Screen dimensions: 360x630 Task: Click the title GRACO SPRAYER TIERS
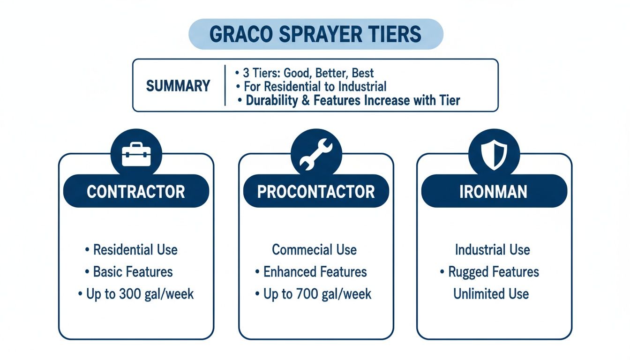[315, 34]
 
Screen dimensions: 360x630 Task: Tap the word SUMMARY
[178, 86]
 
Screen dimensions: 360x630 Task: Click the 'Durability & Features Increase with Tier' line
[349, 100]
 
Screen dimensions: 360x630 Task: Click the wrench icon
[316, 154]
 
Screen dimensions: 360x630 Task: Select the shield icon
[494, 154]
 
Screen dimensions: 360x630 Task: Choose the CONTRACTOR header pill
[136, 191]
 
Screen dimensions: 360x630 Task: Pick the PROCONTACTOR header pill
[316, 191]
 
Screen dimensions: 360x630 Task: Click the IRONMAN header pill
[494, 191]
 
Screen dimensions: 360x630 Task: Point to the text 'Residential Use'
[135, 249]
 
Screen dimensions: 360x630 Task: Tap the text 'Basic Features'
[133, 272]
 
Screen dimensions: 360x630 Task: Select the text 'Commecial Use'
[315, 249]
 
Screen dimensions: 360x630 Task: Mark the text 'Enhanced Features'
[315, 272]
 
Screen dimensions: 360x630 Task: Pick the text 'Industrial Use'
[492, 249]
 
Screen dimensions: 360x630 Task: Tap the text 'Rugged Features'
[494, 272]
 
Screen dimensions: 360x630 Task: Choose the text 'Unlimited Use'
[491, 294]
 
